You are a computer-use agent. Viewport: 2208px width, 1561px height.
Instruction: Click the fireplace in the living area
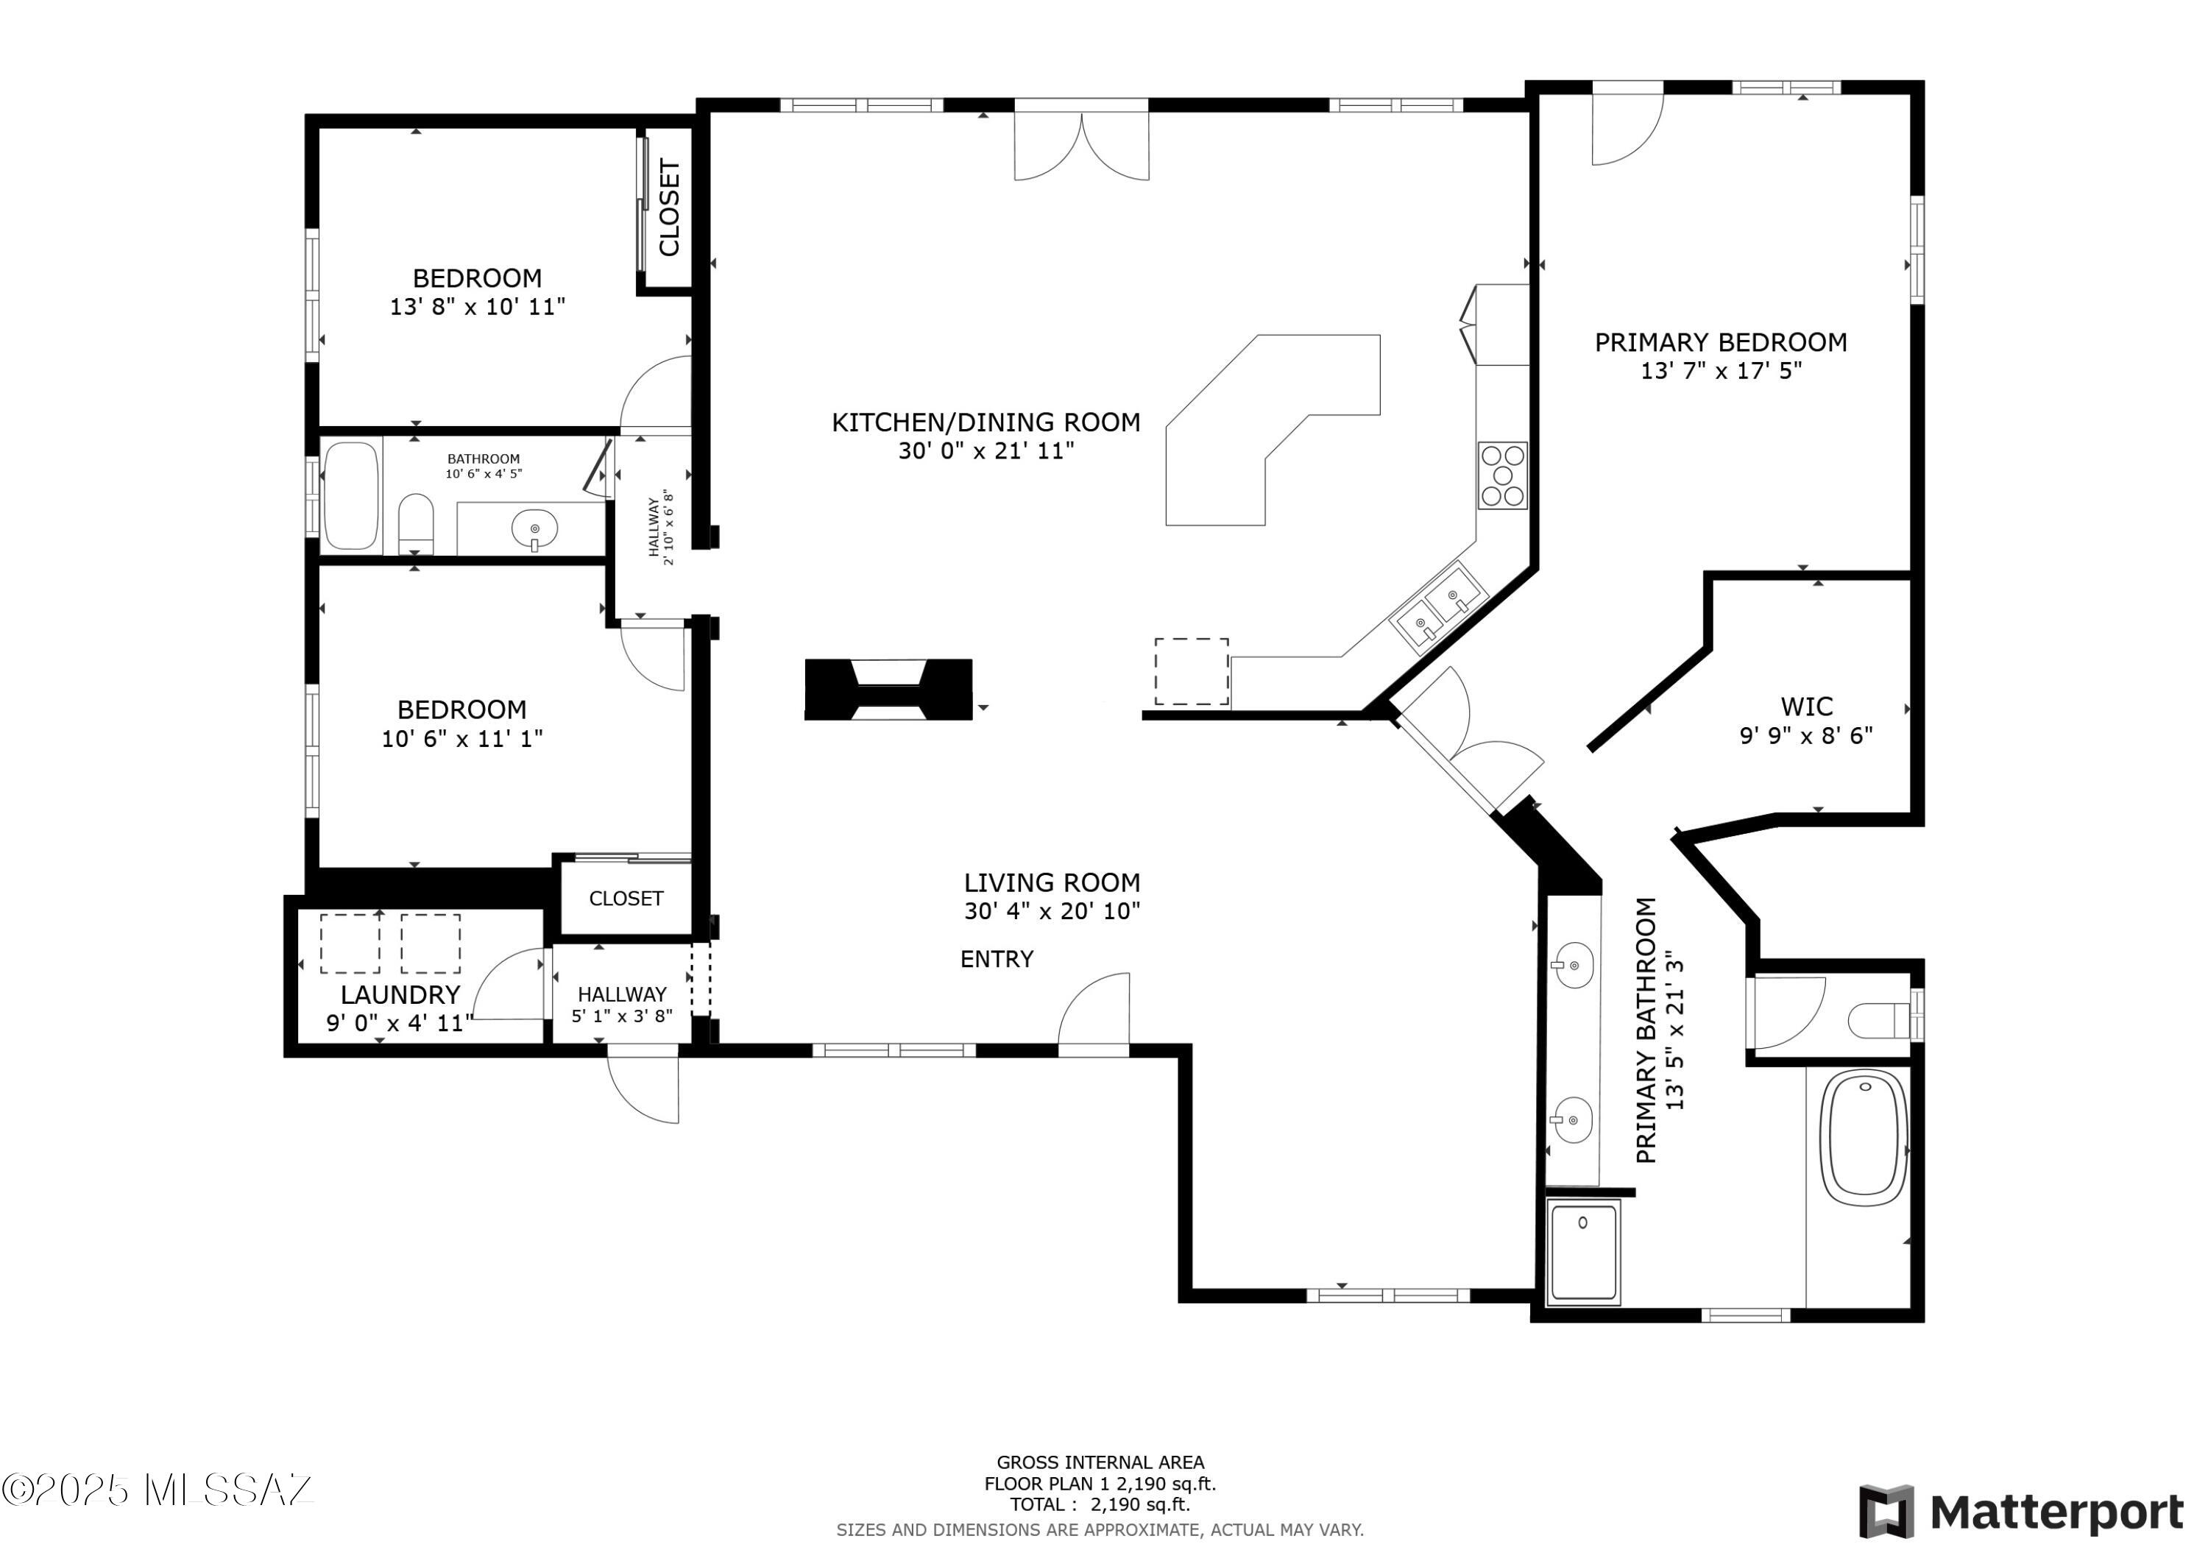pyautogui.click(x=888, y=690)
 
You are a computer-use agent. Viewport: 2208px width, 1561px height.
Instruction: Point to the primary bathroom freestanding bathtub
pyautogui.click(x=1866, y=1139)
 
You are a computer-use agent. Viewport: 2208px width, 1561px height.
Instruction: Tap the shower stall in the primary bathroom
pyautogui.click(x=1583, y=1251)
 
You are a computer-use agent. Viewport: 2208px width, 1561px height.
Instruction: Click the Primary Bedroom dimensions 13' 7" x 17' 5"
pyautogui.click(x=1721, y=371)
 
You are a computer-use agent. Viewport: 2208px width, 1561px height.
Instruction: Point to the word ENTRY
pyautogui.click(x=997, y=959)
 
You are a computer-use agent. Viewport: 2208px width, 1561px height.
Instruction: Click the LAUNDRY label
pyautogui.click(x=400, y=994)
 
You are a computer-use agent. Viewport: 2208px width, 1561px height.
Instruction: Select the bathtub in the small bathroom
pyautogui.click(x=351, y=495)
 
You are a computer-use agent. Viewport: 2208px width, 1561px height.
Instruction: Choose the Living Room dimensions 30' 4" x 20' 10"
pyautogui.click(x=1052, y=911)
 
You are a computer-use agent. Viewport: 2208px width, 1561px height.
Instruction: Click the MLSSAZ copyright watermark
pyautogui.click(x=157, y=1490)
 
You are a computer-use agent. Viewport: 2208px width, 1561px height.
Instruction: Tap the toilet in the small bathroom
pyautogui.click(x=415, y=523)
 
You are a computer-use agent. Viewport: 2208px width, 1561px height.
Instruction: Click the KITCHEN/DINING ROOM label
pyautogui.click(x=986, y=422)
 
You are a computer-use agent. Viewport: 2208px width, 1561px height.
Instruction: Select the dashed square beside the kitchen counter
pyautogui.click(x=1192, y=671)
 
